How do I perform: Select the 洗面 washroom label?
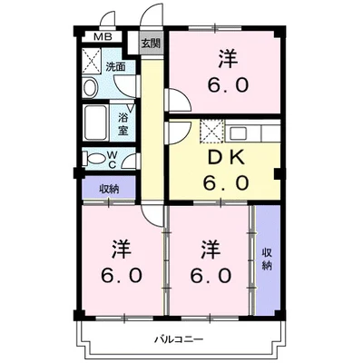point(114,67)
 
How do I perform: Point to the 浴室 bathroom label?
point(123,121)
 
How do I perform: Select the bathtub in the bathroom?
point(95,121)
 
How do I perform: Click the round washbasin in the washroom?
point(91,88)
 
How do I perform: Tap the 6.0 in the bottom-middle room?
point(209,274)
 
